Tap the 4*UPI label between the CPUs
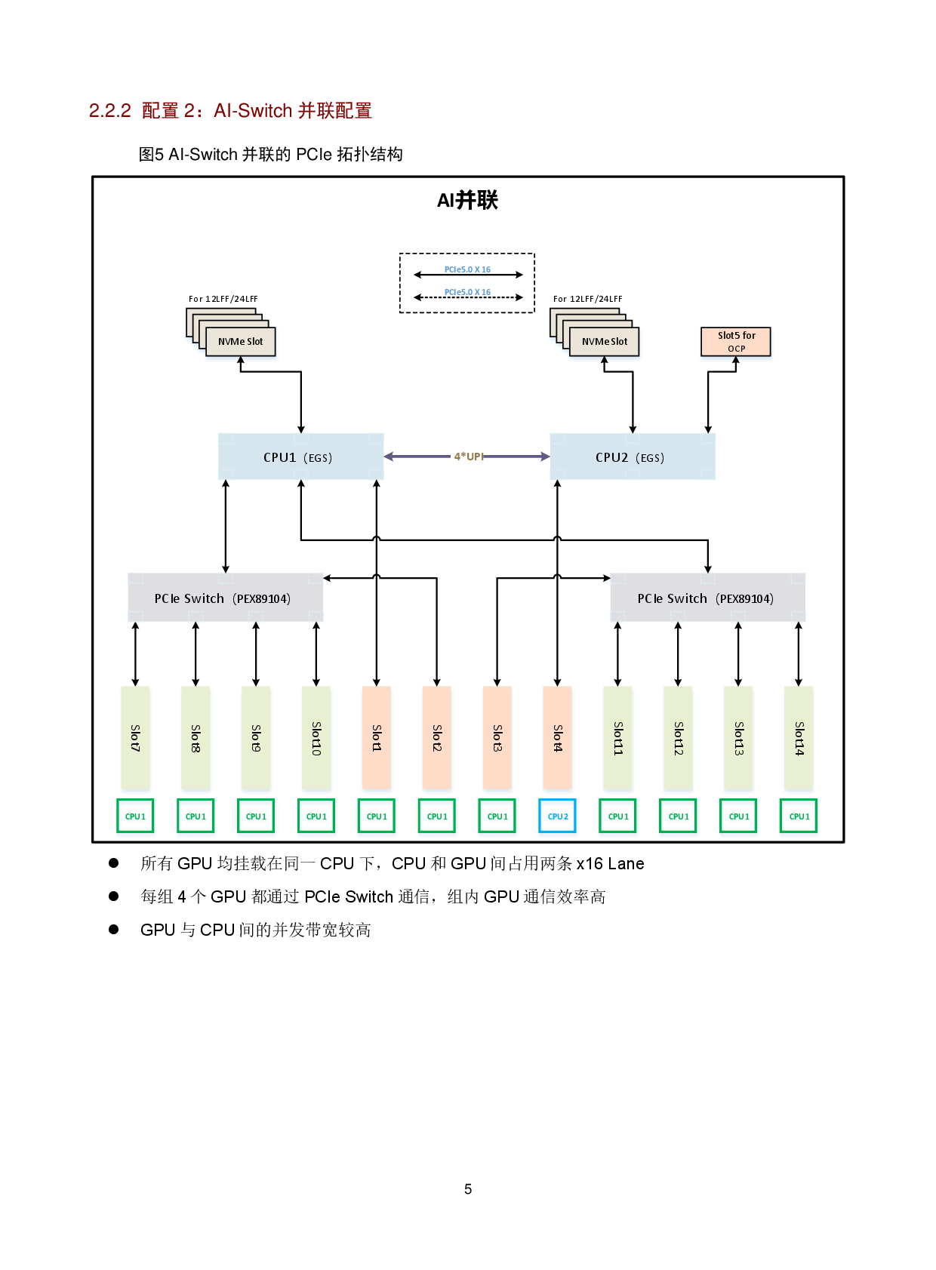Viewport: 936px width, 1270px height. [468, 457]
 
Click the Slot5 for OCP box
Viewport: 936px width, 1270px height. [736, 341]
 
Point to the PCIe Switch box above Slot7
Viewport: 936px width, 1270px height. [225, 598]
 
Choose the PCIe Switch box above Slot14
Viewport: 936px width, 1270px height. [707, 598]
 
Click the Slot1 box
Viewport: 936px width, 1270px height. [377, 737]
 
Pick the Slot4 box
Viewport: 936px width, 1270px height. [558, 737]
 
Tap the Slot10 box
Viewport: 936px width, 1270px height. [316, 737]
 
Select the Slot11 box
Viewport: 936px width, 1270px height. [617, 737]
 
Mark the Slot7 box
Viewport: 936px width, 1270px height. [135, 737]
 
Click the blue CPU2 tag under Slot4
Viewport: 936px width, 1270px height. [558, 816]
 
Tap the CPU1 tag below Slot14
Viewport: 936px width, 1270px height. [799, 816]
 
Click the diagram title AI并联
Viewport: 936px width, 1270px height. [468, 200]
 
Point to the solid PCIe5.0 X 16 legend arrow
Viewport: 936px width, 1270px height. [468, 275]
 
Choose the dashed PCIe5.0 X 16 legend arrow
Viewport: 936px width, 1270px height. [468, 297]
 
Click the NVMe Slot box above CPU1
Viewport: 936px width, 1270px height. [240, 341]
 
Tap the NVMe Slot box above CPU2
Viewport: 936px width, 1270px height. [604, 341]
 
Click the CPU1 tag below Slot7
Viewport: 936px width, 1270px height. [135, 816]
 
